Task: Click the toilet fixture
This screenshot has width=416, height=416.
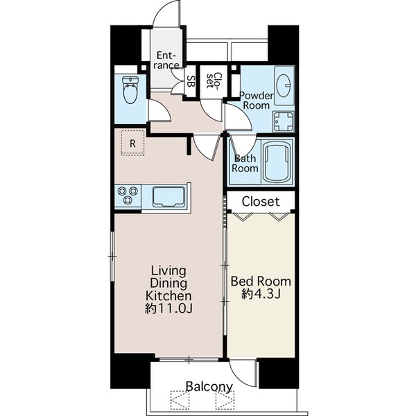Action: [x=130, y=89]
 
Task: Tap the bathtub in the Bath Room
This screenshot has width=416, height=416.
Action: [x=276, y=162]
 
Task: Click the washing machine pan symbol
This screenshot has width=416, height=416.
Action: [x=284, y=122]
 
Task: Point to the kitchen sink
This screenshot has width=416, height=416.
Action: [x=168, y=197]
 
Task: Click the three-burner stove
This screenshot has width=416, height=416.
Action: [x=128, y=196]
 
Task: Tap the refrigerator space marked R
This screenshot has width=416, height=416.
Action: [x=132, y=143]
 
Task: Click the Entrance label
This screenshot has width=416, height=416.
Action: [x=166, y=60]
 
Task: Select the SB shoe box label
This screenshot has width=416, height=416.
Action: [x=191, y=81]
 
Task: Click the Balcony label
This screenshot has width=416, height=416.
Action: [x=209, y=387]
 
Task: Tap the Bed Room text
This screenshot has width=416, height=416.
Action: [x=261, y=281]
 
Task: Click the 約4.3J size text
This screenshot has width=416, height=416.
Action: [x=261, y=294]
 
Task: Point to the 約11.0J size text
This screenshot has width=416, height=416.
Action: [x=168, y=309]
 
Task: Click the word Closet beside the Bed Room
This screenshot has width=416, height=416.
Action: [x=261, y=202]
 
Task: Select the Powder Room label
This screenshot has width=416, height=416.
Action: [x=256, y=101]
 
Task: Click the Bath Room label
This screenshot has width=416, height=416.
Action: [x=245, y=163]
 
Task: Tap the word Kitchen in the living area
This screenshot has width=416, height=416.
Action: [x=168, y=295]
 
